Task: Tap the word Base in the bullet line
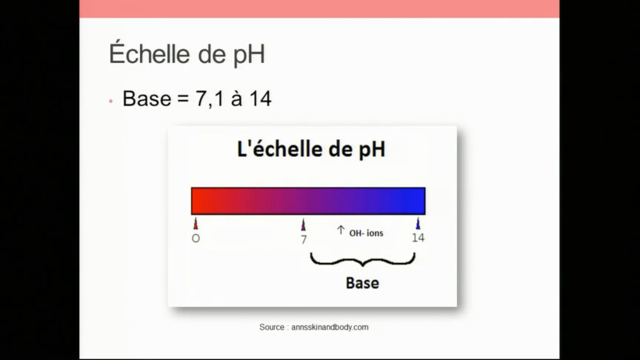(x=146, y=99)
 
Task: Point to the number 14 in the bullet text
(x=260, y=99)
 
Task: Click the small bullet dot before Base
(x=110, y=101)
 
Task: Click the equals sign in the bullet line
(x=182, y=99)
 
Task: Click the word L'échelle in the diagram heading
(x=276, y=150)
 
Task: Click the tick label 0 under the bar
(x=196, y=238)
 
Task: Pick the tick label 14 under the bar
(x=418, y=238)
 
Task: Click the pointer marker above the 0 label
(x=196, y=224)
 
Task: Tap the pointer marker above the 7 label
(x=304, y=224)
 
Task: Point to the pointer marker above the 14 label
(x=418, y=224)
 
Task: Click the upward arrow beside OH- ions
(x=341, y=230)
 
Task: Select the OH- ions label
(x=366, y=233)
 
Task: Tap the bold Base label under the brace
(x=362, y=283)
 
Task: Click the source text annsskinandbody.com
(x=330, y=327)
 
